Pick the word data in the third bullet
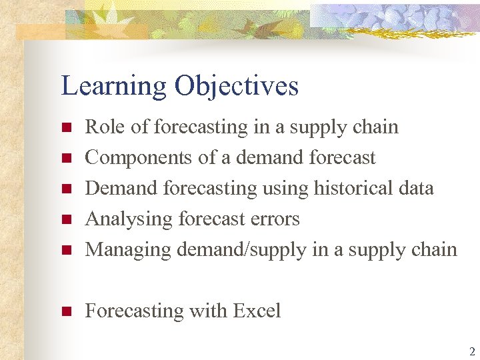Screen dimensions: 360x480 414,188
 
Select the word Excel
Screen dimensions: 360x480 257,311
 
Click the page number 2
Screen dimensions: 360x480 471,351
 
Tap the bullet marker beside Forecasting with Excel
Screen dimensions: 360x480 65,312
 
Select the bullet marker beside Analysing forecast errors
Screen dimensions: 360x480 65,220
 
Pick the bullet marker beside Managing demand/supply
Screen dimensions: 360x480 65,251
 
